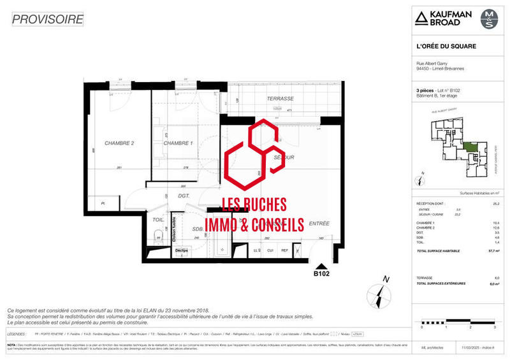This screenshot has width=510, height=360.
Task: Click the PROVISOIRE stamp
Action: (x=48, y=19)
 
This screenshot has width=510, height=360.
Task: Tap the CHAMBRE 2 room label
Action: (x=119, y=143)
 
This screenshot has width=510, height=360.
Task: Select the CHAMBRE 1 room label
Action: (x=178, y=143)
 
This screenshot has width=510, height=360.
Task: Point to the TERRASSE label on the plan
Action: (x=280, y=99)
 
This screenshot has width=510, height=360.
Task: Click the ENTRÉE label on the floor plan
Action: (x=319, y=224)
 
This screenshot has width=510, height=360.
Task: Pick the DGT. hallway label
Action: (x=185, y=196)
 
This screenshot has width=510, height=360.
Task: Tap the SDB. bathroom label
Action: (x=198, y=229)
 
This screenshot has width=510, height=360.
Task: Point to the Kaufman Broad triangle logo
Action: (x=421, y=18)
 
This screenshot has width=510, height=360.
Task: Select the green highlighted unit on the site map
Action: (x=470, y=147)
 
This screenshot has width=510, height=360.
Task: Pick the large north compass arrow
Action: (x=381, y=295)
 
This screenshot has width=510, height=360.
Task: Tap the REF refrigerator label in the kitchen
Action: (x=284, y=250)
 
